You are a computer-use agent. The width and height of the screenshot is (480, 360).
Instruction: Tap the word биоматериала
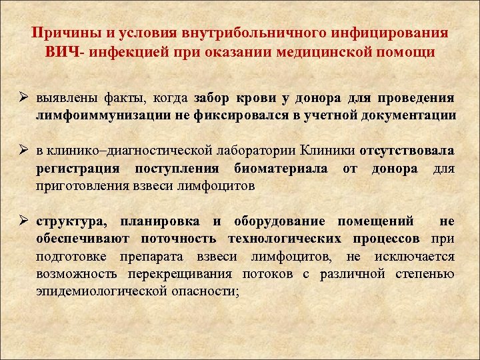(280, 168)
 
